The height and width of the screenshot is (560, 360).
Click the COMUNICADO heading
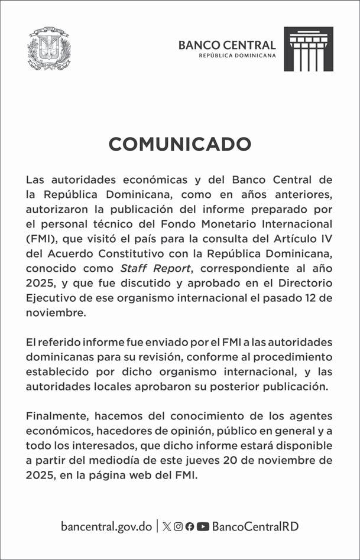180,144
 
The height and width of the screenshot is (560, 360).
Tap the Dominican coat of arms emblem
49,48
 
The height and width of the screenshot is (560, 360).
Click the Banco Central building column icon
309,49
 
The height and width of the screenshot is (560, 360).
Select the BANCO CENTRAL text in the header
227,45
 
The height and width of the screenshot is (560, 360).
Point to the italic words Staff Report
145,268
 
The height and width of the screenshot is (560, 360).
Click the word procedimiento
289,357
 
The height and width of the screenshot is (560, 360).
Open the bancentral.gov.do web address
106,526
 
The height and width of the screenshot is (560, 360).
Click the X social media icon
167,526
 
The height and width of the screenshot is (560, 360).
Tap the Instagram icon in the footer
178,526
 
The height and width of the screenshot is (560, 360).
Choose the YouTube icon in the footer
203,526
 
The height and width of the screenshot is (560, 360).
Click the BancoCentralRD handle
256,526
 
